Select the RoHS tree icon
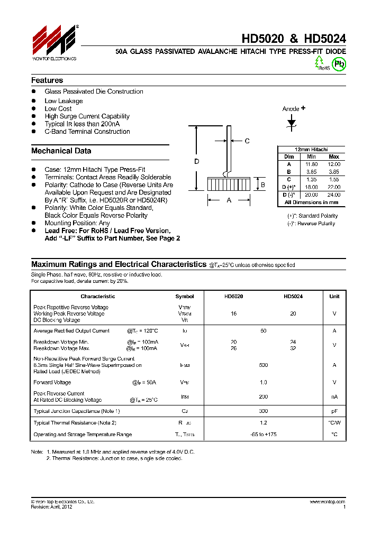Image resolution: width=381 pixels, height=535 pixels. point(319,62)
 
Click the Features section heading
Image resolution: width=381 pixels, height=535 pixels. point(47,80)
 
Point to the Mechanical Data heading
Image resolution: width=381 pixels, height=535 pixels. point(61,151)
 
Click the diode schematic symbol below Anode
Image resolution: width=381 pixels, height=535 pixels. point(292,123)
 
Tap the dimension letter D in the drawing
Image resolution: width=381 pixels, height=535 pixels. point(196,162)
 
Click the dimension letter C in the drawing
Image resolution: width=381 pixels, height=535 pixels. point(247,141)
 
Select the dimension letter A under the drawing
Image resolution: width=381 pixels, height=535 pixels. point(229,200)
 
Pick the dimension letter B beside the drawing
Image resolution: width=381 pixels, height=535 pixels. point(262,185)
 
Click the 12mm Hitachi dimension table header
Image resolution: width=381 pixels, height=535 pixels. point(311,150)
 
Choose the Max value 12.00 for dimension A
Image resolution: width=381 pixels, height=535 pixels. point(334,164)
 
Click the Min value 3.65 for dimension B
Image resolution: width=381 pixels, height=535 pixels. point(311,172)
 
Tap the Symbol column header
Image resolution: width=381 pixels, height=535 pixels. point(185,297)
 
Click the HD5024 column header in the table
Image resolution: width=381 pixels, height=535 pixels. point(293,297)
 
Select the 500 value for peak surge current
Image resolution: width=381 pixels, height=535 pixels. point(263,365)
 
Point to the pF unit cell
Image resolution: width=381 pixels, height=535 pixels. point(334,411)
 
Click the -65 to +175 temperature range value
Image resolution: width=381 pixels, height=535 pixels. point(263,434)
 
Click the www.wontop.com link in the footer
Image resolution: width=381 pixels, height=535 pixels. point(328,501)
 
